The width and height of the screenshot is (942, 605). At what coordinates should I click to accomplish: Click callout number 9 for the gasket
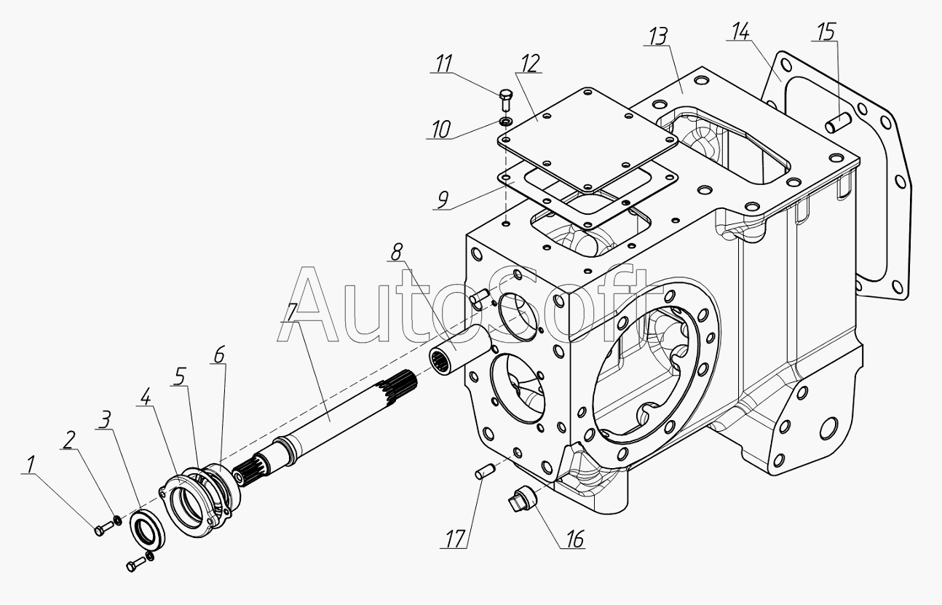click(x=443, y=199)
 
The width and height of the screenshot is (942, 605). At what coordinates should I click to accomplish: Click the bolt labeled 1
click(x=100, y=530)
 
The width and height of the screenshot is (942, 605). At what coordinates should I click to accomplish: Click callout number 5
click(x=179, y=376)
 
